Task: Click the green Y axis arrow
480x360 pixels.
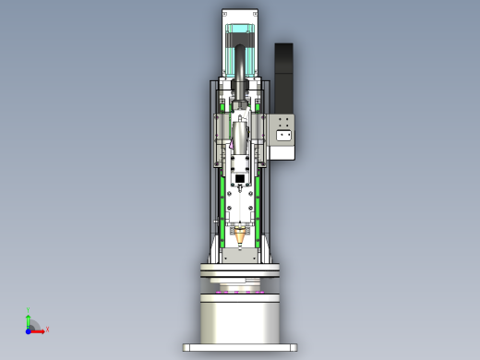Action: click(29, 319)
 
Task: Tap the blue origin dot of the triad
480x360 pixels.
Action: click(29, 330)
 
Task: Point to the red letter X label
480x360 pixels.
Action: click(47, 329)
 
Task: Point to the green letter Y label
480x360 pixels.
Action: click(29, 311)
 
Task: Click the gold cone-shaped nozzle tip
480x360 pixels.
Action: click(241, 238)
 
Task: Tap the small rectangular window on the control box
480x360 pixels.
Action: click(283, 136)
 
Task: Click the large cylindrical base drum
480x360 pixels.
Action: click(240, 318)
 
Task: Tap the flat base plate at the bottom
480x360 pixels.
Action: click(240, 348)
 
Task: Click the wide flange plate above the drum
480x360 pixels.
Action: click(240, 271)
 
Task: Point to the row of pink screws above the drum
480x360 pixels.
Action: click(240, 292)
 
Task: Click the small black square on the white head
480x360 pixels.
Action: click(240, 179)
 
